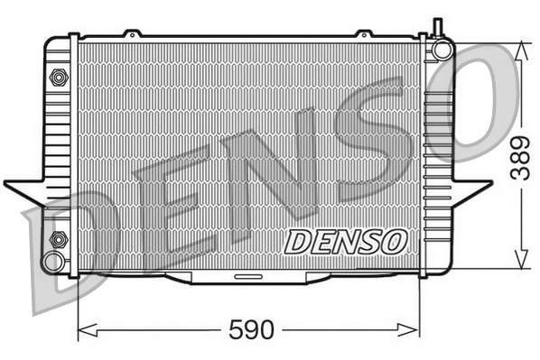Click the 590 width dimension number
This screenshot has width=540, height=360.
click(x=249, y=329)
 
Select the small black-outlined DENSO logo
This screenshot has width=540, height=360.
click(x=346, y=241)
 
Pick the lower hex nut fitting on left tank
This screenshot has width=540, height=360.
click(x=59, y=239)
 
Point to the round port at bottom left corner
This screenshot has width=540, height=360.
click(x=54, y=263)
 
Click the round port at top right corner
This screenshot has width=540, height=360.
click(x=441, y=50)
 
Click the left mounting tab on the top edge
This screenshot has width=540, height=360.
click(x=134, y=34)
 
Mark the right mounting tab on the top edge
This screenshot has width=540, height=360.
click(x=364, y=34)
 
